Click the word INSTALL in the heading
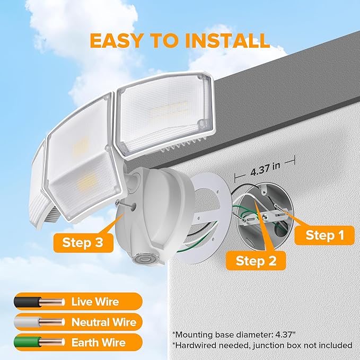click(227, 41)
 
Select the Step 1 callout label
click(324, 235)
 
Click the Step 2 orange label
click(256, 260)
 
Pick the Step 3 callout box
click(83, 243)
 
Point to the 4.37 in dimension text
click(265, 169)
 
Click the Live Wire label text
click(95, 302)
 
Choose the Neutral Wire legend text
click(104, 322)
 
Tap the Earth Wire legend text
click(99, 343)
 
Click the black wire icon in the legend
click(39, 302)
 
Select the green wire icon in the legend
click(39, 343)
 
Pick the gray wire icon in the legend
click(39, 322)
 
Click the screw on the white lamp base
click(125, 206)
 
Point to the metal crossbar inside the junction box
click(264, 216)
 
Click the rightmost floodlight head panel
click(166, 116)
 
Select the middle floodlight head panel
click(83, 159)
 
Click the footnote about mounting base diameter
click(233, 335)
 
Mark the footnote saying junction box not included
click(262, 345)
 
